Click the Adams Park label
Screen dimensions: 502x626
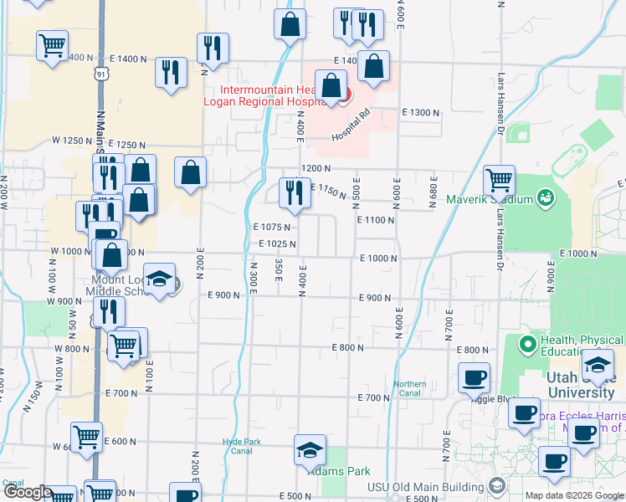tap(338, 471)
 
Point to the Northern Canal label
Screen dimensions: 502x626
tap(410, 389)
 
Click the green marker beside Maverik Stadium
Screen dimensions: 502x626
tap(546, 198)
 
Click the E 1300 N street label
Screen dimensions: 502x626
tap(420, 112)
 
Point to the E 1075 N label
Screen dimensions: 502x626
tap(271, 227)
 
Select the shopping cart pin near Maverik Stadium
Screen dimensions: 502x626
tap(499, 178)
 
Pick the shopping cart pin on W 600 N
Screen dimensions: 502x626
tap(86, 437)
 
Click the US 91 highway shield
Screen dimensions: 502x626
tap(101, 74)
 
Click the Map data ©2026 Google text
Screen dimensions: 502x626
tap(574, 495)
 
